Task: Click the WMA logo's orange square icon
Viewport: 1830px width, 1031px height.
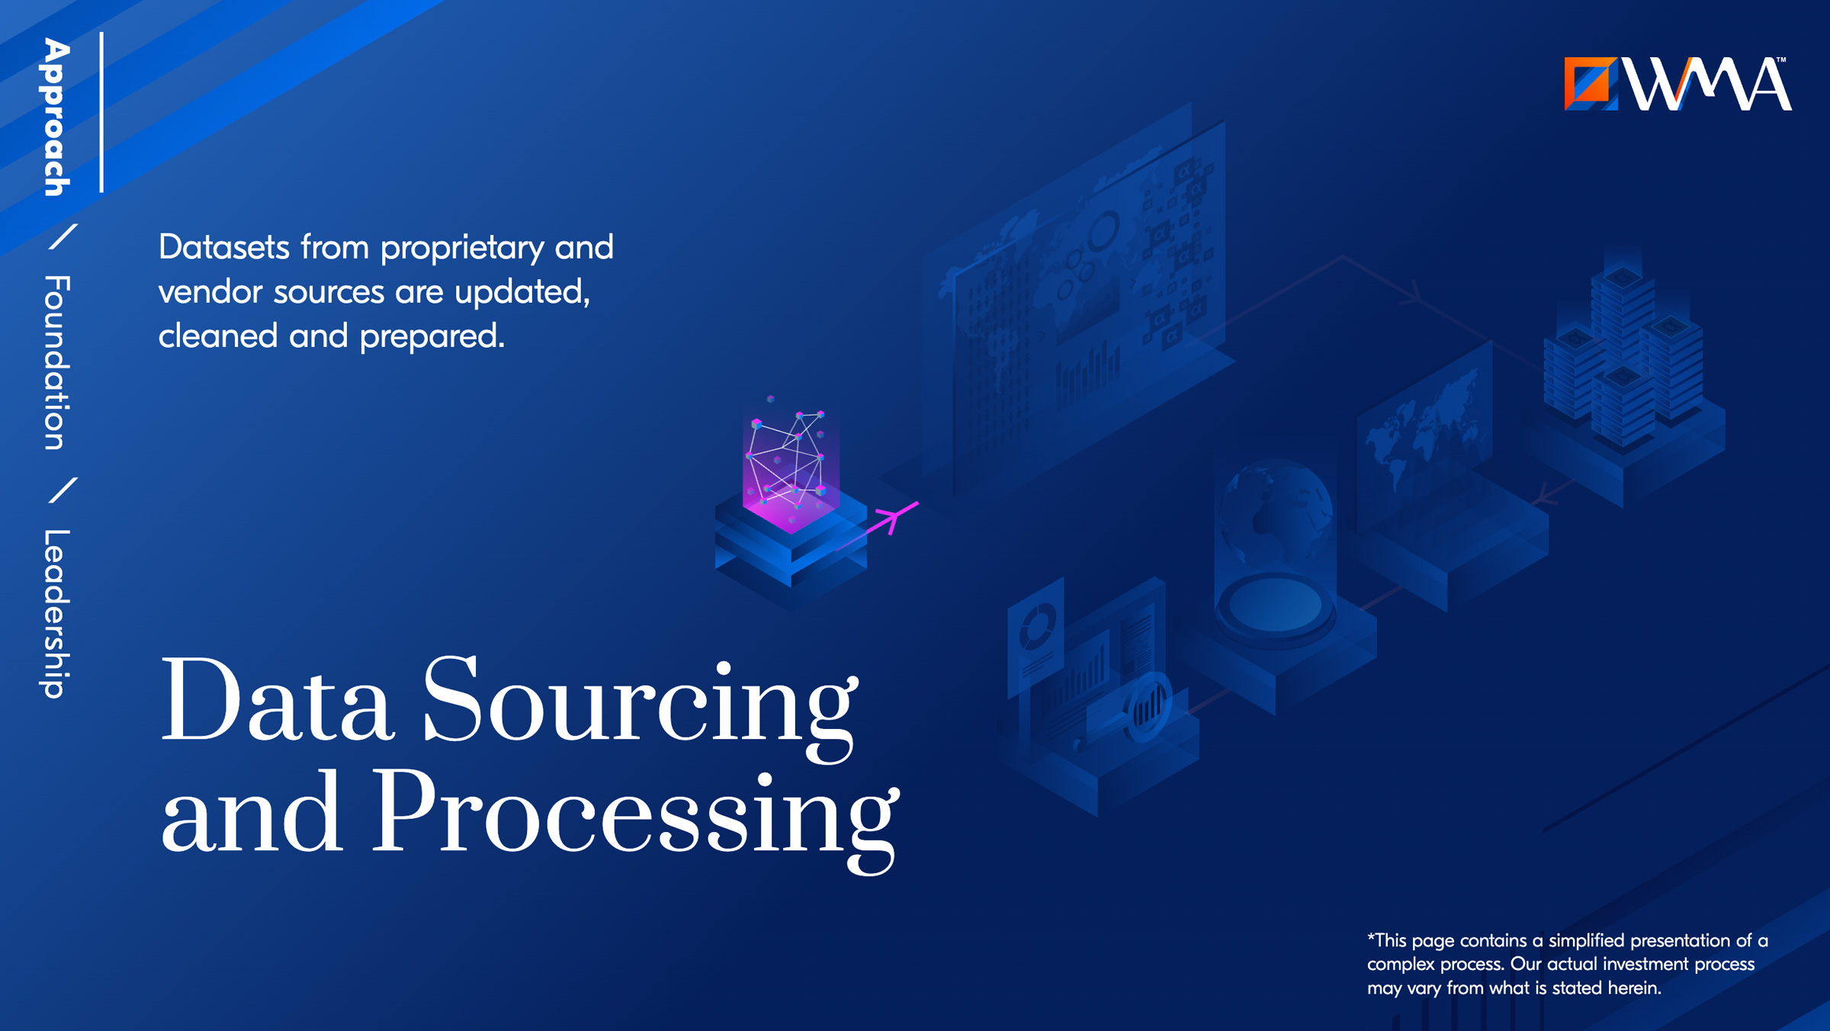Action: tap(1591, 83)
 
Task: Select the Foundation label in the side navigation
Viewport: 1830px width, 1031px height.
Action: tap(56, 362)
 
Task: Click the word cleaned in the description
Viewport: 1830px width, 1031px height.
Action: tap(217, 336)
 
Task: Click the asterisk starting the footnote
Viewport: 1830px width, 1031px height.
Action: tap(1371, 937)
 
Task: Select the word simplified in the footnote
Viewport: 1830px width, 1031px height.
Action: tap(1586, 941)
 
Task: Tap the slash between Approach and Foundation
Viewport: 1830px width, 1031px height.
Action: tap(63, 236)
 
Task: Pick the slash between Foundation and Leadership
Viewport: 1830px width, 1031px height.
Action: tap(63, 490)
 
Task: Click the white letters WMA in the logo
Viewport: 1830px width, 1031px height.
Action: tap(1707, 84)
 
